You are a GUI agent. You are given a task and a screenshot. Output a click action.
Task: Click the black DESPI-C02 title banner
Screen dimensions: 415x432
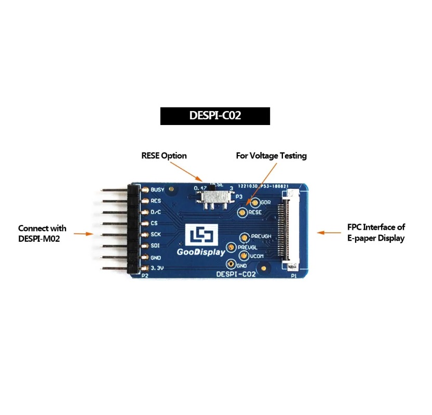(x=215, y=116)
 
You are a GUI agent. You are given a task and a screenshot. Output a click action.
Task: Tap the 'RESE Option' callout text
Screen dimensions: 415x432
(x=164, y=156)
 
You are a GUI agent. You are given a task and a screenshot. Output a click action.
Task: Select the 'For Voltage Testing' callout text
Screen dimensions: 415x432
(x=271, y=156)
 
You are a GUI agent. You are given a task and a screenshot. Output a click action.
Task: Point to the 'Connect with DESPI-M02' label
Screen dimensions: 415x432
(x=42, y=233)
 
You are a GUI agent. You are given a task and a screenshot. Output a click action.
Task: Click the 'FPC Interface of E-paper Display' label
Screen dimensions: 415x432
(x=376, y=232)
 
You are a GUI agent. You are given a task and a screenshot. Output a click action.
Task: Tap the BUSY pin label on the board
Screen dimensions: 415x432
(x=157, y=189)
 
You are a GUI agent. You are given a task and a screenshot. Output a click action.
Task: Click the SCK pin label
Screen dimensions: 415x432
(x=156, y=234)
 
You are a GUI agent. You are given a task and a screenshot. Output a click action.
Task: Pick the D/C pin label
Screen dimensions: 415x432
(x=156, y=212)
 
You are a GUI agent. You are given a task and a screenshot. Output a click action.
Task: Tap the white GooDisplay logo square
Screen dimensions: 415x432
(x=200, y=236)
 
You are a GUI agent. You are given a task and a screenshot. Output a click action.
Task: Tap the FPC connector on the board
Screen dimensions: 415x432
(x=287, y=230)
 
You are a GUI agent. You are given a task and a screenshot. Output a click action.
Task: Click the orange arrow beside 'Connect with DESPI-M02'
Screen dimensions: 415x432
(x=83, y=234)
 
